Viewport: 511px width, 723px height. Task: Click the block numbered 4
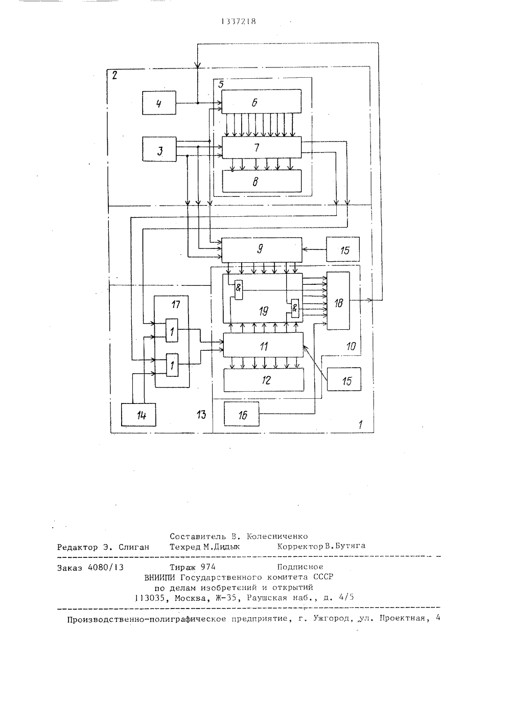point(159,103)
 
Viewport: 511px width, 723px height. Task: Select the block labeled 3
point(159,149)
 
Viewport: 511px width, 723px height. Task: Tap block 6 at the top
point(261,101)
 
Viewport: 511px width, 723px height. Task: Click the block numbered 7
point(262,147)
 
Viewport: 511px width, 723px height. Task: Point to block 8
point(262,181)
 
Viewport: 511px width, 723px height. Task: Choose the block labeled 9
point(262,250)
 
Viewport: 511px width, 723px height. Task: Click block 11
point(263,345)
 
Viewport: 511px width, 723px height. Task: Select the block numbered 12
point(264,380)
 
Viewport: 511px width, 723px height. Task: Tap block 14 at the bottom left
point(138,415)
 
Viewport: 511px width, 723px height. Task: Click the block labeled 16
point(242,414)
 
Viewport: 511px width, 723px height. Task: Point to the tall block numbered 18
point(338,301)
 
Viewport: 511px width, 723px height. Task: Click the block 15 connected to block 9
point(343,249)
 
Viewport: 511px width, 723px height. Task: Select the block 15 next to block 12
point(344,379)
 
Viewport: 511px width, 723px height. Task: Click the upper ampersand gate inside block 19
point(239,289)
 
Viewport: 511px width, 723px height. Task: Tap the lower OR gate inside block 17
point(172,365)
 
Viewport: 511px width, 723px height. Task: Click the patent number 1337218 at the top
point(239,21)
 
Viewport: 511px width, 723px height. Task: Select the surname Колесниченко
point(277,536)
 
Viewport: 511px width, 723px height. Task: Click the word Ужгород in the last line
point(332,618)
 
